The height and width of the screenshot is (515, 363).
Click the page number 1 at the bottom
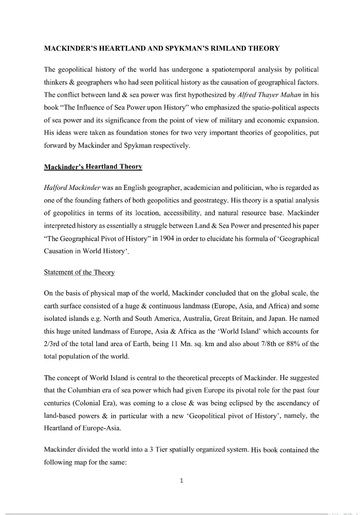point(181,480)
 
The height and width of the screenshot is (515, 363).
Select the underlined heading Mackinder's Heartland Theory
point(93,167)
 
